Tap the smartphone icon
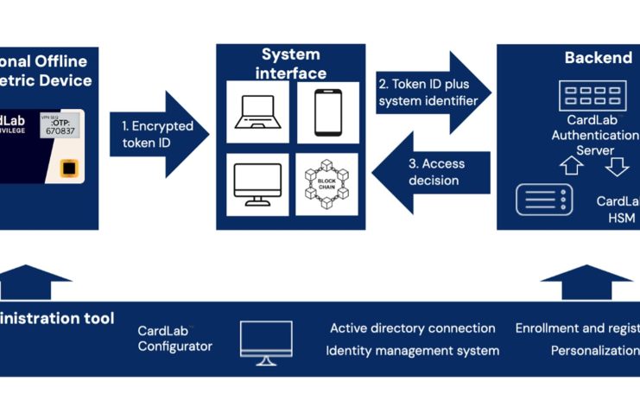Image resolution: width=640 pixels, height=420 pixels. click(327, 111)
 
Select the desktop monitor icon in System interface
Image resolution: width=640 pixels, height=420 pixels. click(257, 184)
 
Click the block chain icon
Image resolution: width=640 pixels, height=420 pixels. click(327, 184)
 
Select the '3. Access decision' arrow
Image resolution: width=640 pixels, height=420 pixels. click(436, 171)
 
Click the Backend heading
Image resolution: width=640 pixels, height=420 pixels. click(599, 58)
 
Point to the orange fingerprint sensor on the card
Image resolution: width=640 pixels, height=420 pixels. click(68, 168)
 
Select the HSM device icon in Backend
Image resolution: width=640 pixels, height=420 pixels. click(544, 200)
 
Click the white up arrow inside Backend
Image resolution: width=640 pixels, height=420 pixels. click(573, 164)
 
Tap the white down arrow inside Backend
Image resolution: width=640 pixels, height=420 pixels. click(616, 164)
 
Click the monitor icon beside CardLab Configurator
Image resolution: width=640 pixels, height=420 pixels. click(265, 342)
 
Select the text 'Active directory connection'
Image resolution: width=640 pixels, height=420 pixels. click(412, 328)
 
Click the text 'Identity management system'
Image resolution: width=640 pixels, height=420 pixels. click(412, 350)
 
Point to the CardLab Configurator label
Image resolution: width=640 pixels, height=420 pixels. click(174, 338)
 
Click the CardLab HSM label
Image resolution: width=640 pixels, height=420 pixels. click(618, 209)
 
